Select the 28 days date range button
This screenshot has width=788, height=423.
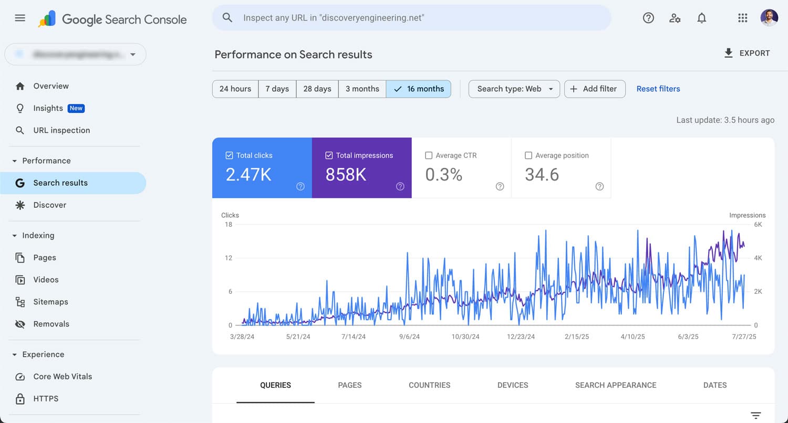click(x=317, y=89)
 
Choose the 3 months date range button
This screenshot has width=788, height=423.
click(x=362, y=89)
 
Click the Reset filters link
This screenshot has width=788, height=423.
click(x=658, y=89)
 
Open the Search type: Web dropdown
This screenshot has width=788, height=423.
click(x=514, y=89)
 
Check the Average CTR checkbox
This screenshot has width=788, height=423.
click(x=429, y=155)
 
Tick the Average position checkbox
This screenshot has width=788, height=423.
click(x=528, y=155)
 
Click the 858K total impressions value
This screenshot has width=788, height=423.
click(x=346, y=175)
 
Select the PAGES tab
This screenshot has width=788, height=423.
click(x=349, y=385)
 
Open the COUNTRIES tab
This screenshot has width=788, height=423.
click(x=429, y=385)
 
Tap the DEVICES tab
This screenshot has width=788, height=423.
click(x=512, y=385)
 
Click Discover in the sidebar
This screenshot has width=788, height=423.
click(x=49, y=205)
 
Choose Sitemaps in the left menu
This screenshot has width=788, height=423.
click(x=50, y=302)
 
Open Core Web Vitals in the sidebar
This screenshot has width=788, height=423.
click(x=62, y=376)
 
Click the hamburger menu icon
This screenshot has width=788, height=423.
click(x=20, y=18)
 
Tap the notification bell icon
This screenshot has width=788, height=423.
click(x=701, y=18)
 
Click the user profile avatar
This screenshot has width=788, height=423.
click(x=769, y=18)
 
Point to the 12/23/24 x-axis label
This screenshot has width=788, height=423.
click(x=521, y=336)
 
